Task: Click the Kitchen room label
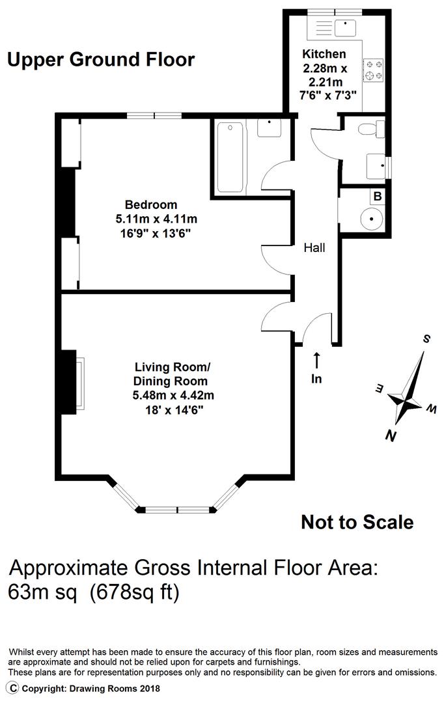click(x=324, y=54)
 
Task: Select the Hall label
click(x=314, y=247)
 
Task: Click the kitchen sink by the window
click(x=343, y=27)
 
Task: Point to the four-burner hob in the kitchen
click(x=374, y=70)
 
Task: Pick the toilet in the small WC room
click(x=374, y=129)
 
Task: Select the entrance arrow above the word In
click(x=316, y=360)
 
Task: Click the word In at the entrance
click(x=316, y=378)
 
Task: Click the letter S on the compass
click(x=427, y=339)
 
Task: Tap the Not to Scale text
click(x=357, y=521)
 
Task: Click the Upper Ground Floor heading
click(x=101, y=60)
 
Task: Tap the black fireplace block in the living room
click(x=67, y=383)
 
